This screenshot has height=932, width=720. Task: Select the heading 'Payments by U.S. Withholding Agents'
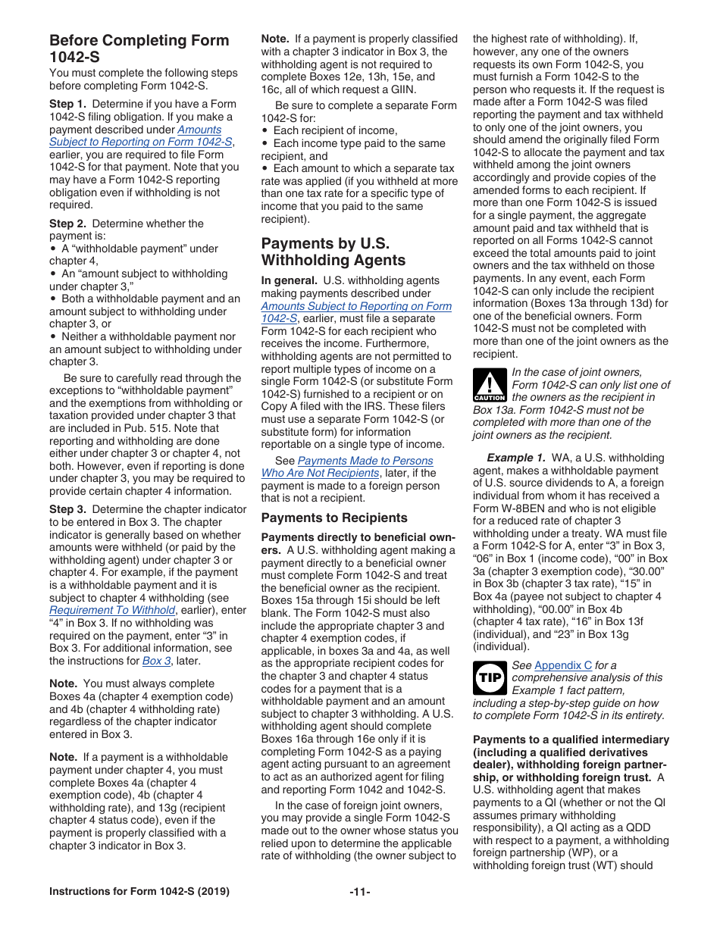333,252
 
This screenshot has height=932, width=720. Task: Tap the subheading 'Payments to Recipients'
334,518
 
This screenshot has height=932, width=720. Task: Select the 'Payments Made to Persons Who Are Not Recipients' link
356,467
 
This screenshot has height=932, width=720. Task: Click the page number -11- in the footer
359,892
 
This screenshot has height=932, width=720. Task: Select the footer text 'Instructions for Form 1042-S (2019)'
139,892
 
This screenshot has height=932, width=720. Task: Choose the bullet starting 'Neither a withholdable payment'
144,336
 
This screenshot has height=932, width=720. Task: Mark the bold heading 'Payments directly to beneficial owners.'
356,543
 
